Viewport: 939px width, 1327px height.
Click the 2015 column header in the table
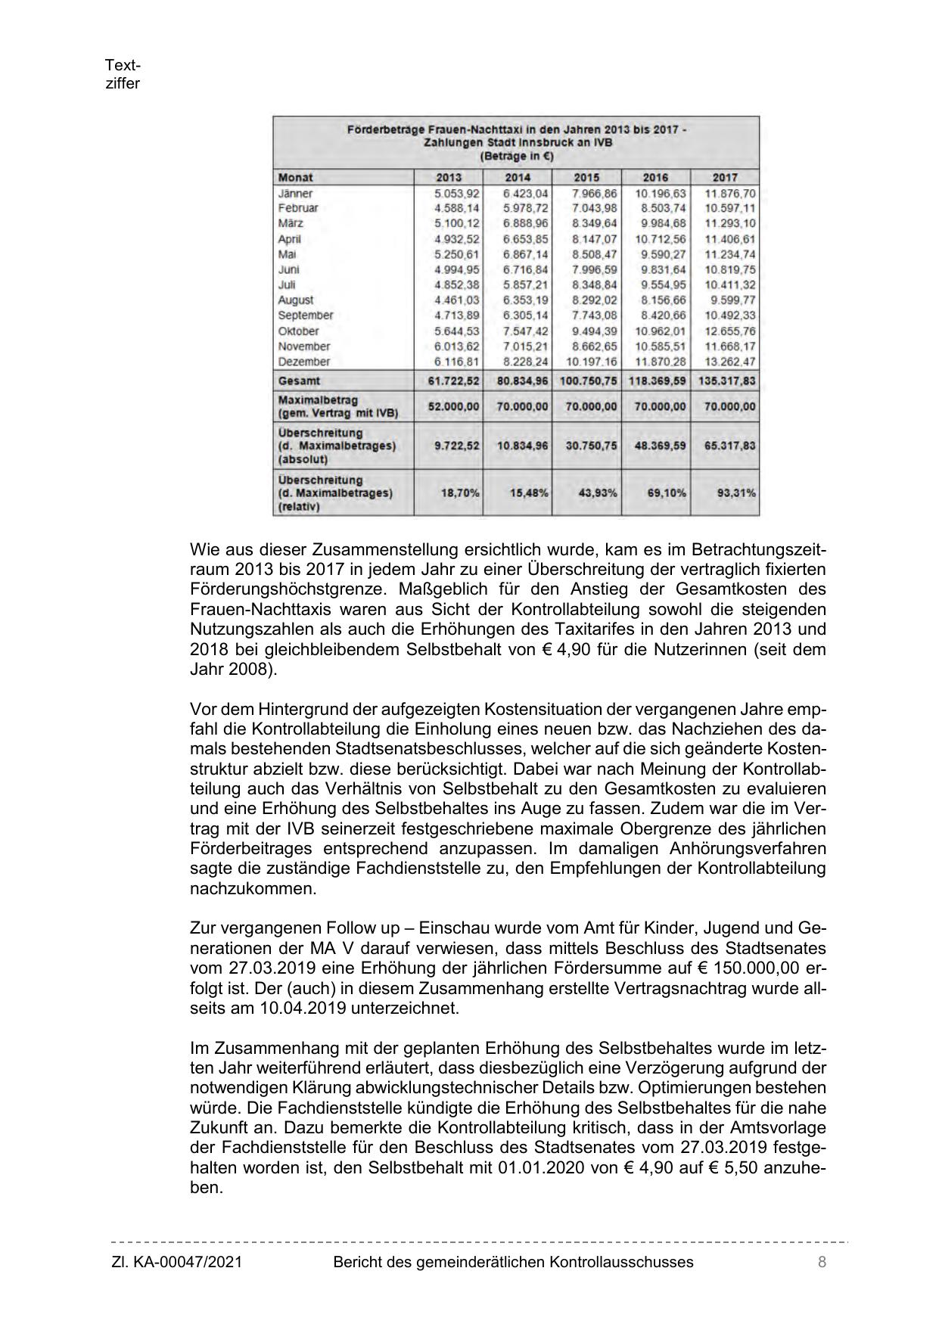pos(586,177)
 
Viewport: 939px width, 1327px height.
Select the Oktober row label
pos(299,331)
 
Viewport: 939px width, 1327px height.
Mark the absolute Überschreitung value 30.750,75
pos(591,446)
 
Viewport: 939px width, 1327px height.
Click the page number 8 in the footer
pos(822,1262)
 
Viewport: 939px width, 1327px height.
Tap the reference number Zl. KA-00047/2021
pos(177,1262)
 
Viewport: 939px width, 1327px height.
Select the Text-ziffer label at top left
pos(123,75)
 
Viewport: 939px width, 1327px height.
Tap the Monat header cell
pos(296,177)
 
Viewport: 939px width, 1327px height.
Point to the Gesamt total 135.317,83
pos(725,381)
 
